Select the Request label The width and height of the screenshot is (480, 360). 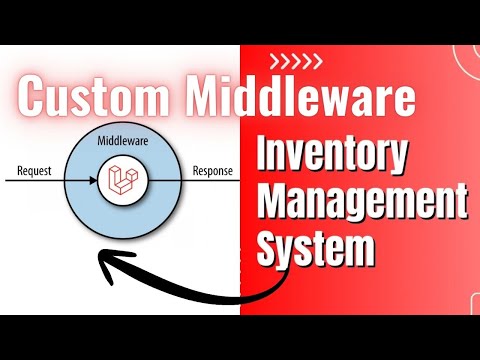[35, 170]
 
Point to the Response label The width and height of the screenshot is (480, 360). [211, 170]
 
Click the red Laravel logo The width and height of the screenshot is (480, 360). [122, 181]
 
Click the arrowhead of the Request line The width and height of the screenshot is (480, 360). [96, 181]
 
